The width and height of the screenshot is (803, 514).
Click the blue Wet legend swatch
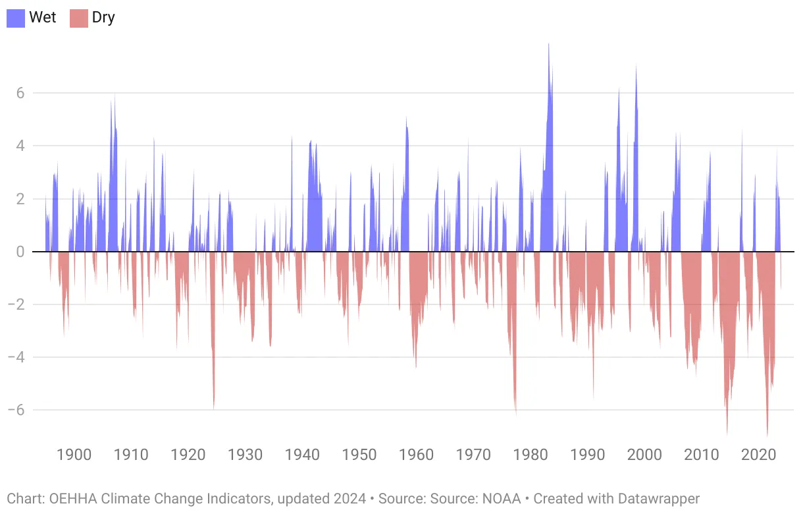pyautogui.click(x=16, y=18)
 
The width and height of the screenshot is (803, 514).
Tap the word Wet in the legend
pyautogui.click(x=43, y=18)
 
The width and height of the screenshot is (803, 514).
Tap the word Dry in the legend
pyautogui.click(x=103, y=18)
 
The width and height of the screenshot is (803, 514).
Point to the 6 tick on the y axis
pyautogui.click(x=20, y=93)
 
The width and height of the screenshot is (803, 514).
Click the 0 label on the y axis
pyautogui.click(x=20, y=252)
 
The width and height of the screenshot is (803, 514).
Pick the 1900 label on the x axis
pyautogui.click(x=74, y=455)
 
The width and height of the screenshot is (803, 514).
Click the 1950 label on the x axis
pyautogui.click(x=359, y=455)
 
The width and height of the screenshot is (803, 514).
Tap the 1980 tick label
pyautogui.click(x=531, y=455)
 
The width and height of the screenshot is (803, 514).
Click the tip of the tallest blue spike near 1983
pyautogui.click(x=549, y=45)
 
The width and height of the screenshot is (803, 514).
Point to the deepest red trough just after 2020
pyautogui.click(x=767, y=436)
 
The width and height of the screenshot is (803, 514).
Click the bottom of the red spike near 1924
pyautogui.click(x=214, y=408)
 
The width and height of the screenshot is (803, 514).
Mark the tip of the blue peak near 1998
pyautogui.click(x=636, y=65)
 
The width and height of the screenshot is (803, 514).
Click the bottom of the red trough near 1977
pyautogui.click(x=516, y=414)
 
